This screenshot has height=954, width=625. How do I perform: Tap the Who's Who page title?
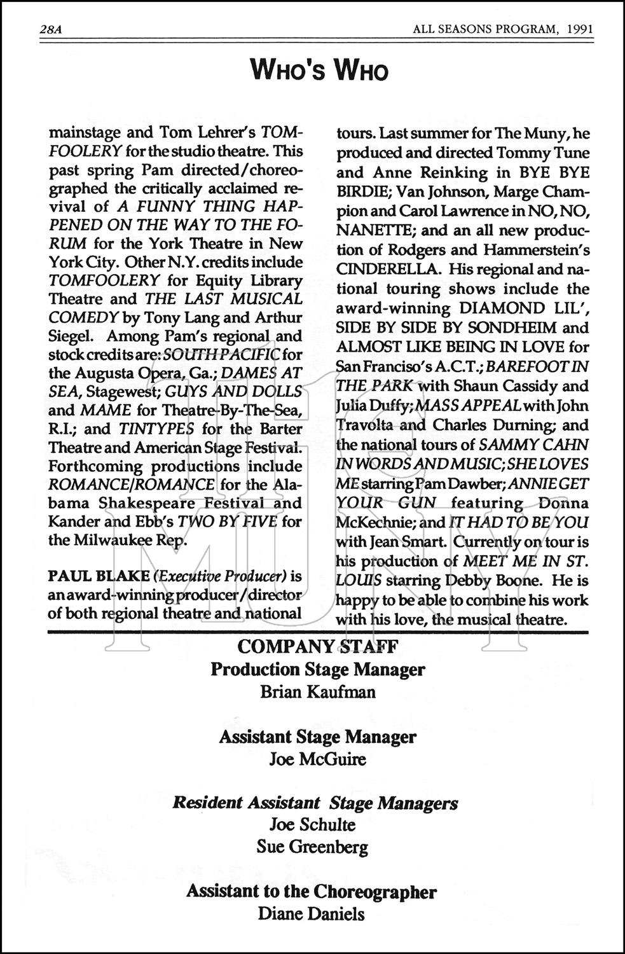[319, 70]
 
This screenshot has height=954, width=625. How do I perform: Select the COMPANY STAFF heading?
[318, 647]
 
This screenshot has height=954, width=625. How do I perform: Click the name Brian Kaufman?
[318, 691]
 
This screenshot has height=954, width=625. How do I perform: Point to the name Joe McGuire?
[318, 759]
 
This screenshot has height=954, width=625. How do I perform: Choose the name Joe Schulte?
[312, 825]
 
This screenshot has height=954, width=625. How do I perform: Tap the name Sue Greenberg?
[312, 847]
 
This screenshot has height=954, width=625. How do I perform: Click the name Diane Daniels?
[312, 915]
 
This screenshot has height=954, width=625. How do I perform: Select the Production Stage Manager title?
[318, 669]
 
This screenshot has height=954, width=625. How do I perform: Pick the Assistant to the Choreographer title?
[312, 892]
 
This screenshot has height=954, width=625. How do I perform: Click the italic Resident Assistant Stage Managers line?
[315, 803]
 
